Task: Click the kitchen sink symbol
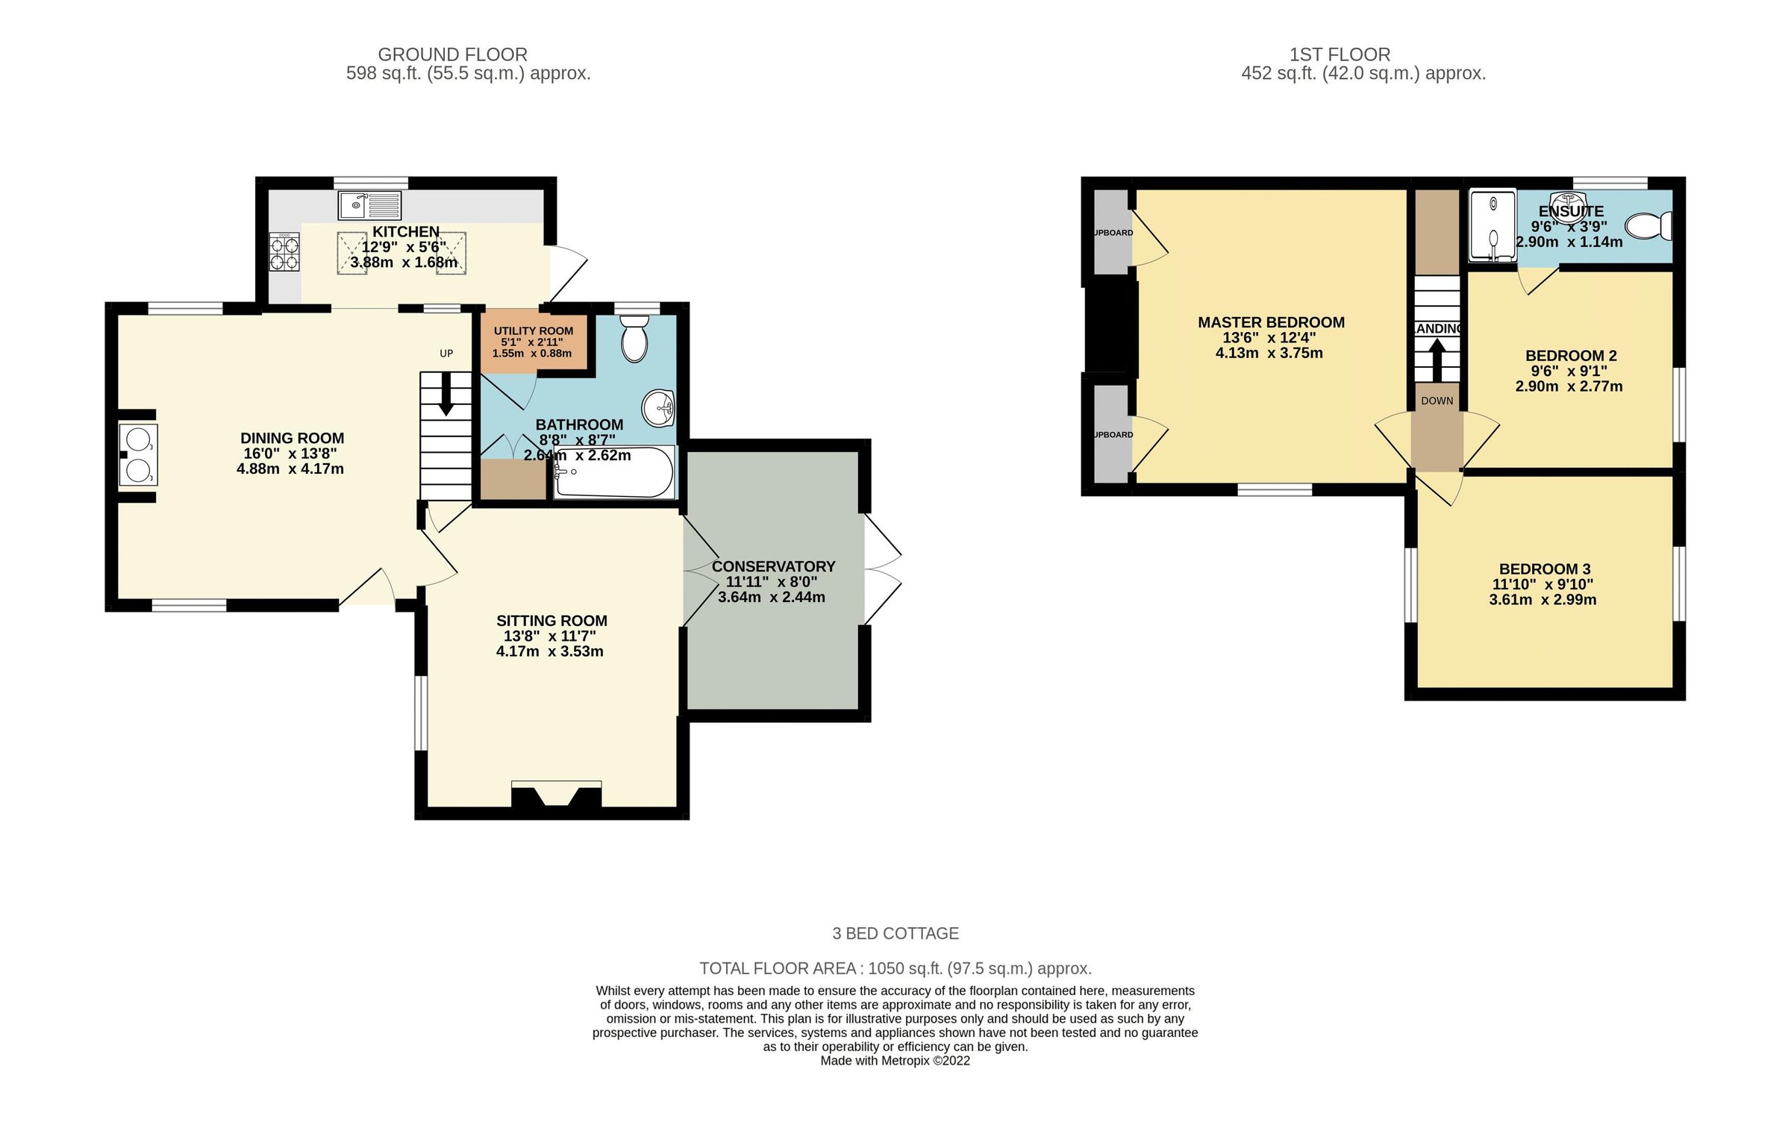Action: tap(369, 204)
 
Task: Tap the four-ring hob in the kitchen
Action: tap(284, 252)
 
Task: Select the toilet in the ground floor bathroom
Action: tap(634, 339)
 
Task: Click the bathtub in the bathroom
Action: tap(613, 472)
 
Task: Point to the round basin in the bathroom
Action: tap(658, 409)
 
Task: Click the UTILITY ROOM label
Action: tap(533, 330)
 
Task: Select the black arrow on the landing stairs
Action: tap(1437, 360)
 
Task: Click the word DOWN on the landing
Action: tap(1437, 401)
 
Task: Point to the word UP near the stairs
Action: tap(446, 354)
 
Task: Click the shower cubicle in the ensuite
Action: tap(1492, 225)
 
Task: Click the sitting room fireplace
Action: tap(556, 795)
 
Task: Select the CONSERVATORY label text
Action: tap(773, 566)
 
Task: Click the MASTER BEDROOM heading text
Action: tap(1271, 322)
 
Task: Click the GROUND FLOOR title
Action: tap(452, 54)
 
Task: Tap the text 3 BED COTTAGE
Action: tap(895, 933)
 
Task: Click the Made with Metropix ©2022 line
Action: tap(895, 1060)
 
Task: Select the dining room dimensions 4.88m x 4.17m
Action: tap(290, 469)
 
